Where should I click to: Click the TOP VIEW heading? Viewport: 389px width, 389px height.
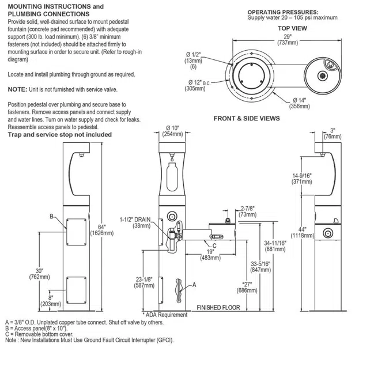pyautogui.click(x=292, y=28)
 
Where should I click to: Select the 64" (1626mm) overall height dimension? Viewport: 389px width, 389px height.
pyautogui.click(x=101, y=230)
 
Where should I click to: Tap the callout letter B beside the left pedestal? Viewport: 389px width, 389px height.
pyautogui.click(x=52, y=216)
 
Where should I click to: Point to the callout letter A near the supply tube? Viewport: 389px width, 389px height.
pyautogui.click(x=194, y=285)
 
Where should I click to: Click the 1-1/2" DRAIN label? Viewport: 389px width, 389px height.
pyautogui.click(x=135, y=220)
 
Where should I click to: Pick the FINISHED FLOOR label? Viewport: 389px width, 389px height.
pyautogui.click(x=218, y=308)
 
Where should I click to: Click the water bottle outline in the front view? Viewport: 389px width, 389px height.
pyautogui.click(x=172, y=177)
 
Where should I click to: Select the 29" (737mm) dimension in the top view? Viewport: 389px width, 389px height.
pyautogui.click(x=288, y=40)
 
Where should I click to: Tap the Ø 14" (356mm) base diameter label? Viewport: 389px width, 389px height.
pyautogui.click(x=300, y=103)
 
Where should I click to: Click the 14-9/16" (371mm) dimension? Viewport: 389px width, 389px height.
pyautogui.click(x=301, y=179)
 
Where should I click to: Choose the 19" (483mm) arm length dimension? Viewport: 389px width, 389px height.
pyautogui.click(x=210, y=255)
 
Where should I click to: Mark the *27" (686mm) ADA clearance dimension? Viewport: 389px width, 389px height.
pyautogui.click(x=247, y=288)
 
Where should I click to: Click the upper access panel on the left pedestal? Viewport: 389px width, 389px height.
pyautogui.click(x=77, y=232)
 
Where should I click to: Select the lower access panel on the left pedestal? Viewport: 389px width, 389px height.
pyautogui.click(x=77, y=290)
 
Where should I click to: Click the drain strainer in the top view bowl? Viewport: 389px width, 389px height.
pyautogui.click(x=323, y=75)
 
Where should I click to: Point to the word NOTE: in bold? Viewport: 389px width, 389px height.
pyautogui.click(x=17, y=89)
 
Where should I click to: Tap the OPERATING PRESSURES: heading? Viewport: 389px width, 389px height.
pyautogui.click(x=283, y=12)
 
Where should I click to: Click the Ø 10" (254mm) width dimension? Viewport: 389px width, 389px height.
pyautogui.click(x=172, y=131)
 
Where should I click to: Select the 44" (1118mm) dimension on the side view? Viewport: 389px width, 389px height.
pyautogui.click(x=303, y=232)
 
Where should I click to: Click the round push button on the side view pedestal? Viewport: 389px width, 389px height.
pyautogui.click(x=328, y=233)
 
